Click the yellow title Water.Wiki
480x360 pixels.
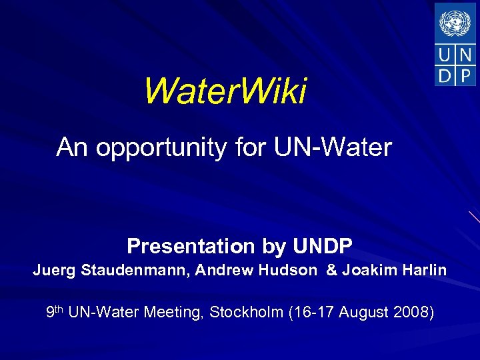click(225, 91)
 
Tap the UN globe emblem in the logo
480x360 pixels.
click(455, 23)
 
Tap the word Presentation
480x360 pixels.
click(186, 247)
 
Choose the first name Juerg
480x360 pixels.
click(54, 271)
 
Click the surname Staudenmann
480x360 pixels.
click(134, 271)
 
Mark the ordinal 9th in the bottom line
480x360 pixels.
click(55, 311)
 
